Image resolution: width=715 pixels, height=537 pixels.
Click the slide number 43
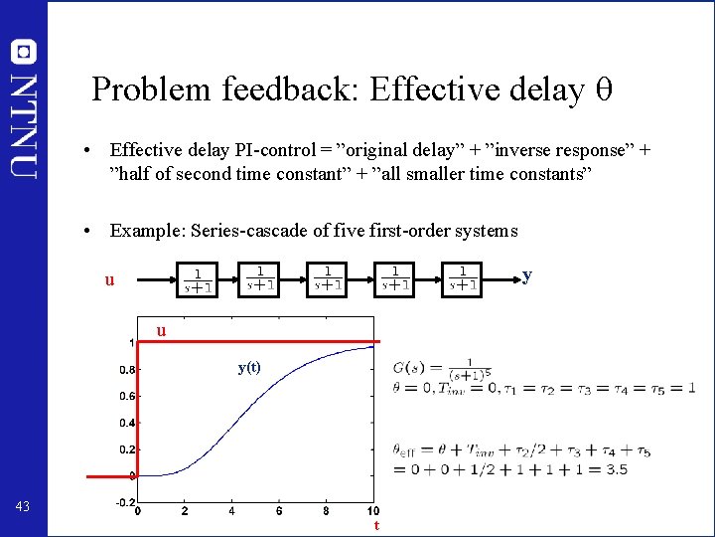[23, 508]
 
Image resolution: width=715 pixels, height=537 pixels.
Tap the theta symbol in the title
[603, 90]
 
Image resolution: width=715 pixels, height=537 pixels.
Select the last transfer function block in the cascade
[462, 279]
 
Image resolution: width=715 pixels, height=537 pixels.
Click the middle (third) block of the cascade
[330, 279]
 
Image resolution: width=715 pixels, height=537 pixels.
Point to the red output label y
[526, 273]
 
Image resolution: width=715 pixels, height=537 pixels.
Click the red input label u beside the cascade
[110, 280]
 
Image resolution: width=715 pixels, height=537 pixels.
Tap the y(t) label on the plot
[249, 366]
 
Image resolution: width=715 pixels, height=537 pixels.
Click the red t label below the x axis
[375, 525]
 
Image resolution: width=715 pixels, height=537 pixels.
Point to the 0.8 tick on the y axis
[126, 370]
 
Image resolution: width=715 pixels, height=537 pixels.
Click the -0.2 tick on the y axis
[124, 503]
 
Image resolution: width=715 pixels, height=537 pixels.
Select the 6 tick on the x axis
[279, 512]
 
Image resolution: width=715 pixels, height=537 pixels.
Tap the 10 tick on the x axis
[372, 512]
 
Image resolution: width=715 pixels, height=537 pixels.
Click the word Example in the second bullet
[145, 231]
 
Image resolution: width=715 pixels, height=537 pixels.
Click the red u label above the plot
[160, 331]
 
